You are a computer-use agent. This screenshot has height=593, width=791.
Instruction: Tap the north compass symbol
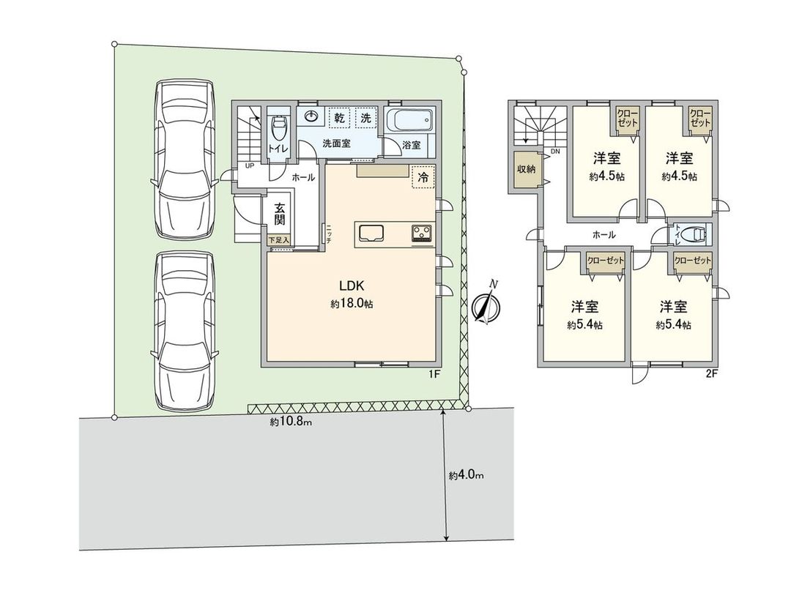[486, 307]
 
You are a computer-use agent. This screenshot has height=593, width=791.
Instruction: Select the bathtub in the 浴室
[410, 120]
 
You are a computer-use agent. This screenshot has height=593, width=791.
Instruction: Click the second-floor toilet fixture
[693, 235]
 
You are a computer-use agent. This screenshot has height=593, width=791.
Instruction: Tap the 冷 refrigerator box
[423, 176]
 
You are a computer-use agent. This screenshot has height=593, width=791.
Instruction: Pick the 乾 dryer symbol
[341, 117]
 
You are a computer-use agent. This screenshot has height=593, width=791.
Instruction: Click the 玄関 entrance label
[280, 215]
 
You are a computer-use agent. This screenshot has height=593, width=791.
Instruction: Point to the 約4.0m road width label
[466, 476]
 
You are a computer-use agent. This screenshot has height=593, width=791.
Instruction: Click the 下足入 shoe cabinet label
[279, 239]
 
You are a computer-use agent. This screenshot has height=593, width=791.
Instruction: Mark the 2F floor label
[710, 374]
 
